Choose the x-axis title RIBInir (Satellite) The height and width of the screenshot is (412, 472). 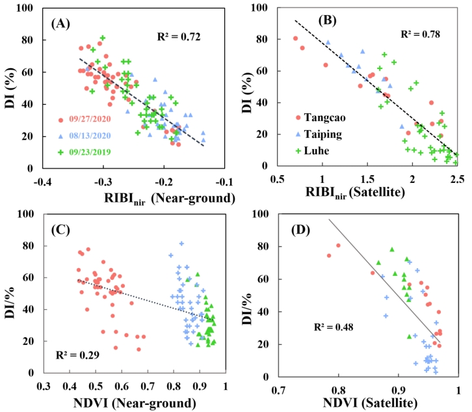tap(376, 193)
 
